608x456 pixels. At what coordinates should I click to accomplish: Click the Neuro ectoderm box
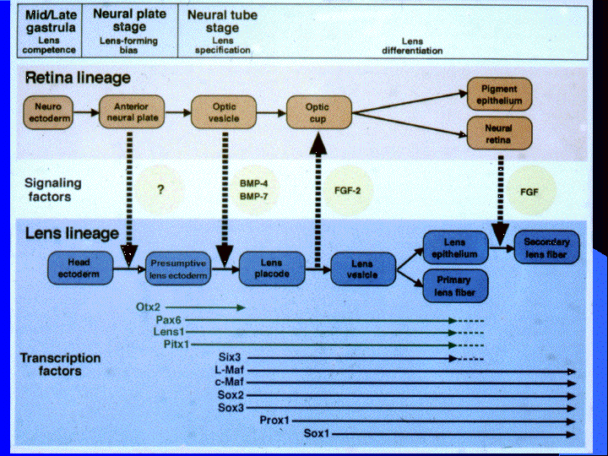coord(48,112)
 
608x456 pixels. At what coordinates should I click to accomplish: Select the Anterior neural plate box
coord(132,112)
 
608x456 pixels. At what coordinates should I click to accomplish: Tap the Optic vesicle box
coord(224,112)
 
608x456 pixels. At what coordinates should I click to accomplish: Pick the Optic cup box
coord(318,113)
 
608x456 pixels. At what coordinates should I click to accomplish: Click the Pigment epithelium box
coord(499,95)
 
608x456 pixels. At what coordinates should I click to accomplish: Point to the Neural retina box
coord(499,133)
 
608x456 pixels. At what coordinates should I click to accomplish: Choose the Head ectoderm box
coord(80,269)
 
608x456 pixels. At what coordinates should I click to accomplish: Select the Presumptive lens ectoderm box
coord(178,269)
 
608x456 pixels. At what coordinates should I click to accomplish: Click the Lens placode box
coord(272,269)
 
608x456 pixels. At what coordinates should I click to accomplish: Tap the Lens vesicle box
coord(363,269)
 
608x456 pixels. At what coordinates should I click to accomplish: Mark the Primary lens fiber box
coord(455,286)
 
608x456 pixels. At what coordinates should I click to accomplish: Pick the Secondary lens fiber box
coord(546,247)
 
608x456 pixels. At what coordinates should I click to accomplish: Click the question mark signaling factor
coord(160,189)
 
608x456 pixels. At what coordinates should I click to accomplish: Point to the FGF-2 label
coord(347,190)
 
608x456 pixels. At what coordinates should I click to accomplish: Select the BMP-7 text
coord(253,197)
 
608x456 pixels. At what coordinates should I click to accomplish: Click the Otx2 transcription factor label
coord(148,307)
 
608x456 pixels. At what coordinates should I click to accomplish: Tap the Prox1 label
coord(274,421)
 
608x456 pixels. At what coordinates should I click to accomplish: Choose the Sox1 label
coord(317,433)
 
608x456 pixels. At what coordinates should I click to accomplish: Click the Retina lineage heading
coord(78,78)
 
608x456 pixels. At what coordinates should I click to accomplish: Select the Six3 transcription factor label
coord(230,357)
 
